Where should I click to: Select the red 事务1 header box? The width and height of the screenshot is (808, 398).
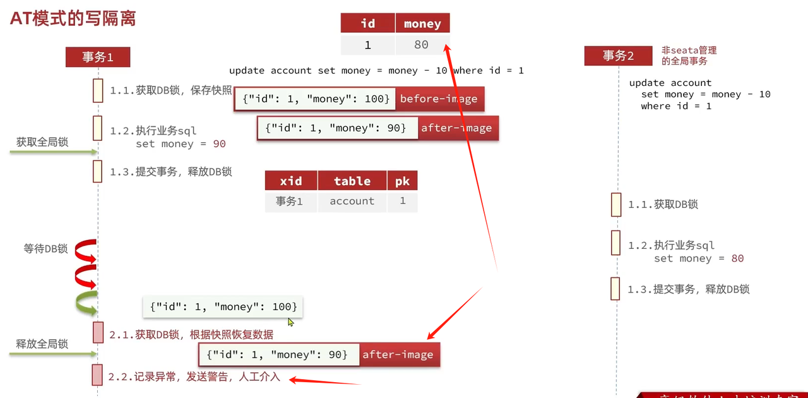pyautogui.click(x=98, y=57)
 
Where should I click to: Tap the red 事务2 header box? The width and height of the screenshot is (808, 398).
pyautogui.click(x=617, y=56)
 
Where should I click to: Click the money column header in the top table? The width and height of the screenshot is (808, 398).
pyautogui.click(x=422, y=23)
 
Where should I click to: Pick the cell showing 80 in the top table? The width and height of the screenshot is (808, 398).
pyautogui.click(x=421, y=44)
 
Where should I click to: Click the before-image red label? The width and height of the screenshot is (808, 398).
pyautogui.click(x=439, y=99)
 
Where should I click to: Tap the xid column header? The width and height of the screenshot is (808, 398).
pyautogui.click(x=290, y=181)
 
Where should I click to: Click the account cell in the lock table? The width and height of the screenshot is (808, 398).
pyautogui.click(x=352, y=201)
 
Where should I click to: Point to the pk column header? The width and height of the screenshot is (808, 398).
pyautogui.click(x=402, y=181)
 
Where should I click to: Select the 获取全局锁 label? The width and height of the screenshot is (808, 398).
pyautogui.click(x=42, y=142)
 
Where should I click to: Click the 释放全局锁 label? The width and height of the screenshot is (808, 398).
pyautogui.click(x=42, y=344)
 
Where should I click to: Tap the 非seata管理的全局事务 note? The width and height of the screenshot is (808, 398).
pyautogui.click(x=689, y=56)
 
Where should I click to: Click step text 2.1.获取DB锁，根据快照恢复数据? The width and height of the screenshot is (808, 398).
pyautogui.click(x=191, y=334)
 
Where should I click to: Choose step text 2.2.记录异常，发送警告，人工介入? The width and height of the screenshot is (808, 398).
pyautogui.click(x=194, y=377)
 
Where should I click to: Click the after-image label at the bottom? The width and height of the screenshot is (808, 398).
pyautogui.click(x=398, y=354)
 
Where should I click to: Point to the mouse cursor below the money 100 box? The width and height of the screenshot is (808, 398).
pyautogui.click(x=290, y=322)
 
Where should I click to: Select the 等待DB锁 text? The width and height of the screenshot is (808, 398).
pyautogui.click(x=45, y=248)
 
